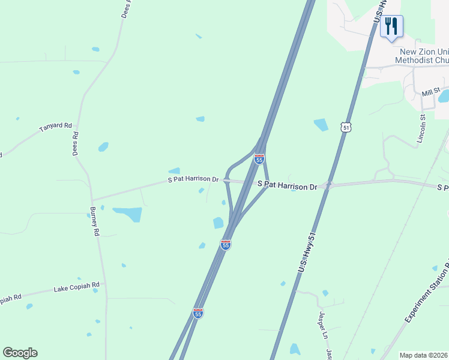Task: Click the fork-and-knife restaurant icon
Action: pos(391,26)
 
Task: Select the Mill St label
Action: pos(430,92)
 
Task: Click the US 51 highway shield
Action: pos(345,127)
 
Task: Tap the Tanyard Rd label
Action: pos(55,128)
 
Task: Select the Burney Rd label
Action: pos(94,221)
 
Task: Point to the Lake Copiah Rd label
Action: pos(76,288)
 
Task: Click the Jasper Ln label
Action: pos(322,319)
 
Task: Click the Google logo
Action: pos(20,353)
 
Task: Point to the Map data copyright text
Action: pos(423,355)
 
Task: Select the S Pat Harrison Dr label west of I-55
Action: pos(193,179)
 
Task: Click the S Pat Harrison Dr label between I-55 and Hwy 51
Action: pos(287,186)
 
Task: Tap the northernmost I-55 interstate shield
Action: pos(259,159)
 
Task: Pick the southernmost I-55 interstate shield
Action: pos(198,313)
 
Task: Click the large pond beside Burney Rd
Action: pos(127,214)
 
